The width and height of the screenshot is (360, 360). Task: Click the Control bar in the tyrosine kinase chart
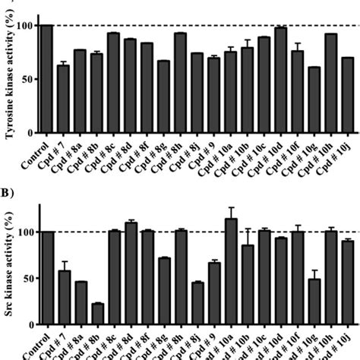[47, 79]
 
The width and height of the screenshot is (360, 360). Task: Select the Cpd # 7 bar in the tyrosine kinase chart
[64, 99]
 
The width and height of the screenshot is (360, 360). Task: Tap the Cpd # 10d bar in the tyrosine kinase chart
[280, 80]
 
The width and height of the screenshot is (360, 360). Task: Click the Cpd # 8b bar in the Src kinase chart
[96, 314]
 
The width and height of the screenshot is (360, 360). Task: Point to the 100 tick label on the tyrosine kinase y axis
[25, 26]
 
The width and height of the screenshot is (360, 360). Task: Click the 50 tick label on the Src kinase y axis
[27, 279]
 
